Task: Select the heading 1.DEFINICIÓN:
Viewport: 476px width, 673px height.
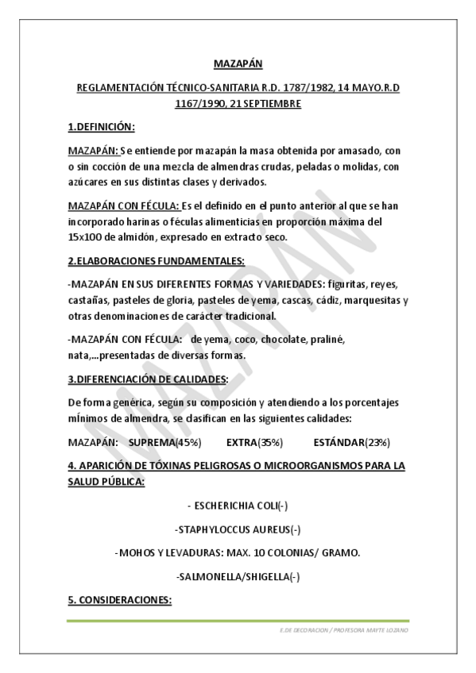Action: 101,126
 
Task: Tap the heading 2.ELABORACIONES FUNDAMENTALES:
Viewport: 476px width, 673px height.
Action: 156,260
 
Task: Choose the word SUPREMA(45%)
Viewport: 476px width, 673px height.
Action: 164,441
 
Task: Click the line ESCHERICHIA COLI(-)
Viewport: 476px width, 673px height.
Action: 238,506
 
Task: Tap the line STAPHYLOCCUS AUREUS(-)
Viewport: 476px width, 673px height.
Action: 238,529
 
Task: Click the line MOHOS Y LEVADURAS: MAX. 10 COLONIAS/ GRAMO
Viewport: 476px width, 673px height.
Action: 238,552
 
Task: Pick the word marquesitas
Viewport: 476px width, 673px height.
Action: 373,299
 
